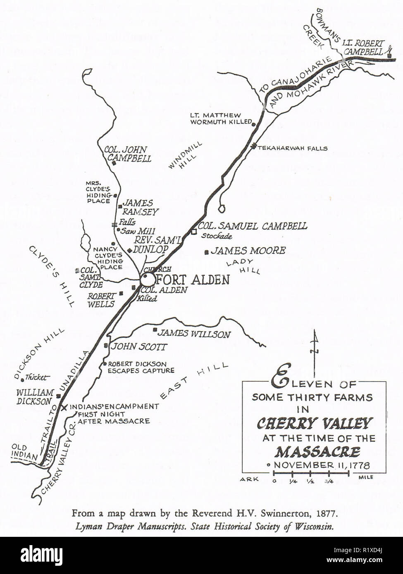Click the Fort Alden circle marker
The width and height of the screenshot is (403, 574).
(147, 279)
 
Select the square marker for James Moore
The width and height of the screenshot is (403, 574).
(206, 252)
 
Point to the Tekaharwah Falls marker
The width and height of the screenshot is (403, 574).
(253, 146)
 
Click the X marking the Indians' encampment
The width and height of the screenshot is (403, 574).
(64, 408)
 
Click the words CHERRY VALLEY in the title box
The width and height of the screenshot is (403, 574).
(315, 423)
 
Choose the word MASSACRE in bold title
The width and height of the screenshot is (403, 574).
(317, 451)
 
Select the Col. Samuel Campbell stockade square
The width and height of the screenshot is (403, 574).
(193, 232)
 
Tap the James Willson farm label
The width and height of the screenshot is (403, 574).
(194, 334)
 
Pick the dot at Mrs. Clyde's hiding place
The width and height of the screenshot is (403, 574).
(115, 195)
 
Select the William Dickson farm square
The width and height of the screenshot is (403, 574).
(58, 396)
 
